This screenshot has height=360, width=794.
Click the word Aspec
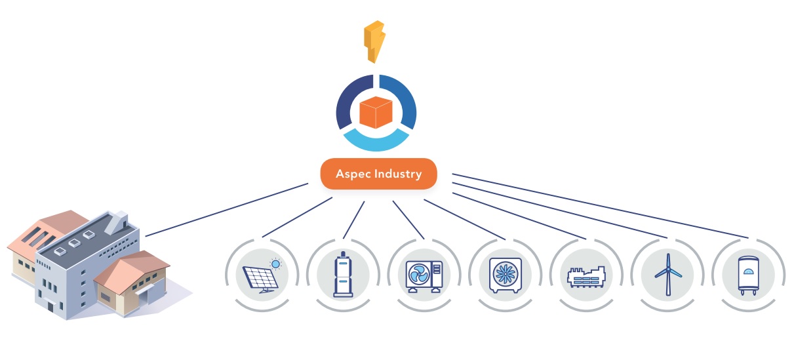click(x=353, y=174)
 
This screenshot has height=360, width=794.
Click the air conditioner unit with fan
click(x=424, y=275)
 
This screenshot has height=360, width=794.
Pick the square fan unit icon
click(x=506, y=273)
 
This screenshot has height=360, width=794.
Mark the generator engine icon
click(x=587, y=277)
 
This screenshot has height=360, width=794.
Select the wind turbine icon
click(x=667, y=274)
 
